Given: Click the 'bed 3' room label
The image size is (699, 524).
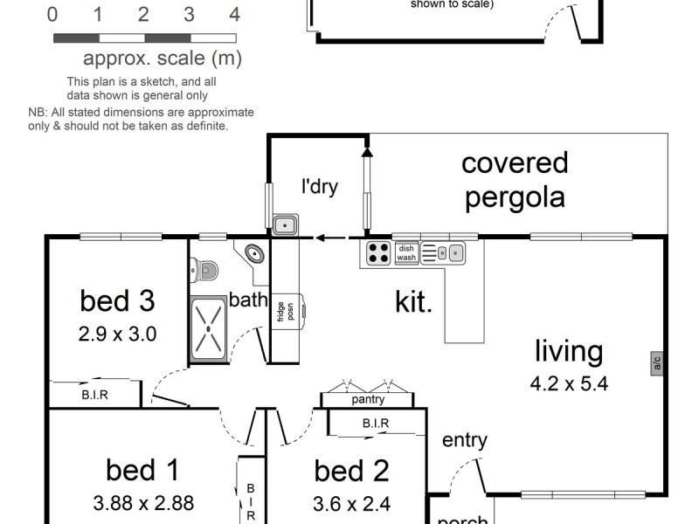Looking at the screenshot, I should pyautogui.click(x=117, y=300).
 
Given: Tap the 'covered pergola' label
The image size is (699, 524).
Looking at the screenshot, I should pyautogui.click(x=515, y=179).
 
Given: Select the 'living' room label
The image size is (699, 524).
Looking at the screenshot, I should pyautogui.click(x=569, y=351).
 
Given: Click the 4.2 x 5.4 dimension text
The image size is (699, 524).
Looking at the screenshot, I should pyautogui.click(x=569, y=383).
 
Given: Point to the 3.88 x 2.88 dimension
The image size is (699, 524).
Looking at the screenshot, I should pyautogui.click(x=143, y=503).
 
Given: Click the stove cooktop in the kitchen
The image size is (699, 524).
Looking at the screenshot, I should pyautogui.click(x=378, y=252).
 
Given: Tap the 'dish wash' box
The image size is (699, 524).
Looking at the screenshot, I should pyautogui.click(x=406, y=252).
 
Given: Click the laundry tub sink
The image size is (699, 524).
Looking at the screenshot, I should pyautogui.click(x=285, y=225).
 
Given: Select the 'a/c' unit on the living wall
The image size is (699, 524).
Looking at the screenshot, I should pyautogui.click(x=656, y=362).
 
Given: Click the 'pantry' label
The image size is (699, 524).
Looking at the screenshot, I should pyautogui.click(x=368, y=400).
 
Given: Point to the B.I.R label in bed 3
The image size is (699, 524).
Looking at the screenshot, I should pyautogui.click(x=94, y=395).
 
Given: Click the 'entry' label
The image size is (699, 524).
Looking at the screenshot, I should pyautogui.click(x=464, y=440).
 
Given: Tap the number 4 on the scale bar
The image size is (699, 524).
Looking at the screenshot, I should pyautogui.click(x=233, y=15).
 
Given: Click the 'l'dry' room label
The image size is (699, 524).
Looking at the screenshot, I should pyautogui.click(x=320, y=186).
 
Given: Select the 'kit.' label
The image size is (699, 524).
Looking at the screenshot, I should pyautogui.click(x=413, y=302).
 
